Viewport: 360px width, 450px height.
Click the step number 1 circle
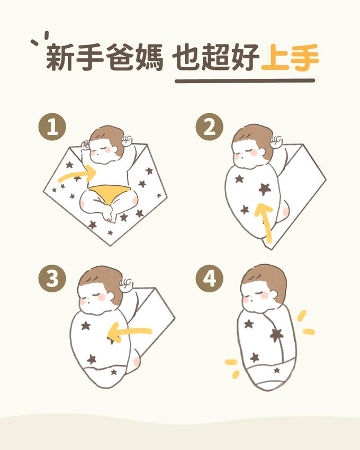click(52, 127)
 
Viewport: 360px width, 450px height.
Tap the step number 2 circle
click(209, 127)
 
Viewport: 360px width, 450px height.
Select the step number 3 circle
click(52, 278)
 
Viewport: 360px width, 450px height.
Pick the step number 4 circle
click(209, 278)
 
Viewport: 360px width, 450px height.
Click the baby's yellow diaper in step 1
click(109, 193)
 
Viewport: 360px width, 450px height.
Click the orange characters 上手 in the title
click(290, 57)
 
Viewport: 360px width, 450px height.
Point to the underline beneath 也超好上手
click(245, 81)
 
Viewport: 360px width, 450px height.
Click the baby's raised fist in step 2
click(276, 141)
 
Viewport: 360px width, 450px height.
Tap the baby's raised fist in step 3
click(127, 285)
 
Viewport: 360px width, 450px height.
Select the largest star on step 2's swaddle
click(264, 189)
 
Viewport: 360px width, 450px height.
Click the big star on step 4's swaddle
click(276, 335)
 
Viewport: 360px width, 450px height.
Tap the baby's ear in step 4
click(274, 294)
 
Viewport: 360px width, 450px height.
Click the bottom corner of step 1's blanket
click(110, 245)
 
